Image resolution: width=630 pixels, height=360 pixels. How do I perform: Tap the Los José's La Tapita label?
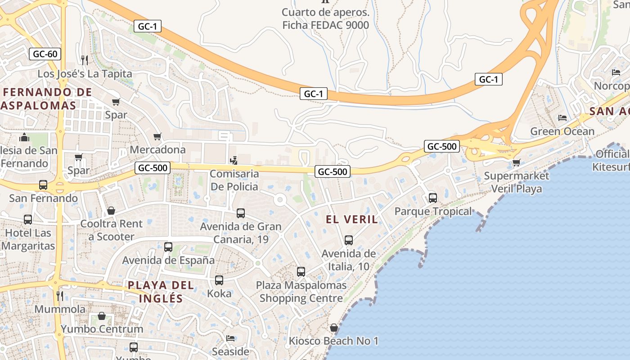coord(85,74)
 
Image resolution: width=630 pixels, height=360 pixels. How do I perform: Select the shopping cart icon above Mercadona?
coord(157,136)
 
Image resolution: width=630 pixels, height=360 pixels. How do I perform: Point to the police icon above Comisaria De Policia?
coord(234,160)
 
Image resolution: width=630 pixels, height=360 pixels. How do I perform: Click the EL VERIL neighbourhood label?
coord(352,220)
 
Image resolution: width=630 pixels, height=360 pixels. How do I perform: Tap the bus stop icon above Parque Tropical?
coord(433,198)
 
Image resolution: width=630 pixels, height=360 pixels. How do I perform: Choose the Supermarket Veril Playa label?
coord(517,182)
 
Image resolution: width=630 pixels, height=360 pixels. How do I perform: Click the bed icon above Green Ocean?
coord(562,118)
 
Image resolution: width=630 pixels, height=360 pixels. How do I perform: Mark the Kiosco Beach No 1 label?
coord(333,341)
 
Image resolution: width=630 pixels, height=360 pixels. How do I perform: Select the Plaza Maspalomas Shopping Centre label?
coord(301,292)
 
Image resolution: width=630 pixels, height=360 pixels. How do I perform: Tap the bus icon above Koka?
coord(219,280)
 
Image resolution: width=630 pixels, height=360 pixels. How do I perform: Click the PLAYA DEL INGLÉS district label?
coord(161,292)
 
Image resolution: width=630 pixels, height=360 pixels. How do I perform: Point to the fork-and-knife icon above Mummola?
coord(60,296)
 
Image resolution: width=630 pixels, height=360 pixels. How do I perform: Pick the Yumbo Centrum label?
coord(102,329)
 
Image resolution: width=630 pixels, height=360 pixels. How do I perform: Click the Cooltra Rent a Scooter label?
coord(112,230)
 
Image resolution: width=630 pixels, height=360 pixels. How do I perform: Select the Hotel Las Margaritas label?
coord(28,239)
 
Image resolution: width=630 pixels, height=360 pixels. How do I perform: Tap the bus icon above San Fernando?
coord(43,185)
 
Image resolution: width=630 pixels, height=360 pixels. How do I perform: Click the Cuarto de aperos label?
coord(325,18)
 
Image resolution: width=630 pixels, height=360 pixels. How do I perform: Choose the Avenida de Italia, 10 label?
coord(348,260)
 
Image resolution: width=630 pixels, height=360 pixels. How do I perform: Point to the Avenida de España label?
coord(168,260)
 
